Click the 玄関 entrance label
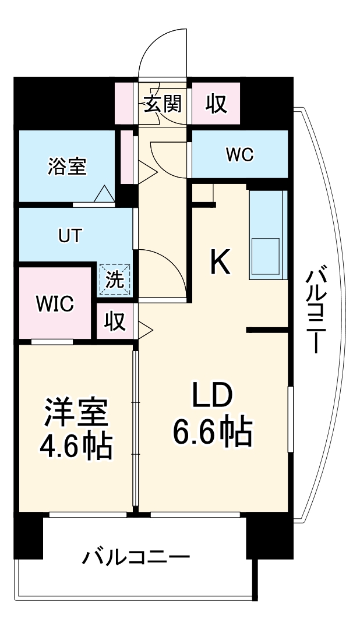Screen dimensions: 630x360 [163, 104]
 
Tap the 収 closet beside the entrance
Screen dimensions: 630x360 [216, 105]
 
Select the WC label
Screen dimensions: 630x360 [239, 155]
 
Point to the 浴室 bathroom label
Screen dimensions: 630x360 [67, 167]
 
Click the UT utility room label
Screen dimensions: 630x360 [70, 236]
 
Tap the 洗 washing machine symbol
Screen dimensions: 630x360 [115, 280]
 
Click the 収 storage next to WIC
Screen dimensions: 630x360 [115, 321]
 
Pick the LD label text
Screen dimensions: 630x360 [213, 396]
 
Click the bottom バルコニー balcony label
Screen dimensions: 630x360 [135, 558]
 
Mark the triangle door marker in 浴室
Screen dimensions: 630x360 [104, 194]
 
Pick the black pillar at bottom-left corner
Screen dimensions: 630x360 [27, 536]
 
